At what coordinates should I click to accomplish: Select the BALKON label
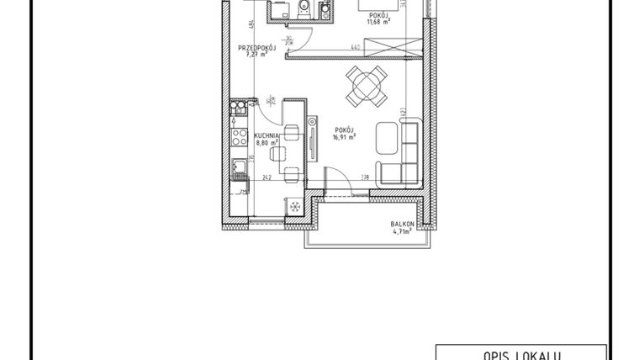coord(400,224)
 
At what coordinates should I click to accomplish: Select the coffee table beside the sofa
coord(387,136)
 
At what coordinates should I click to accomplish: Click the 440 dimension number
coord(356,48)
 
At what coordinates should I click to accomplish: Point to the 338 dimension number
coord(365,177)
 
